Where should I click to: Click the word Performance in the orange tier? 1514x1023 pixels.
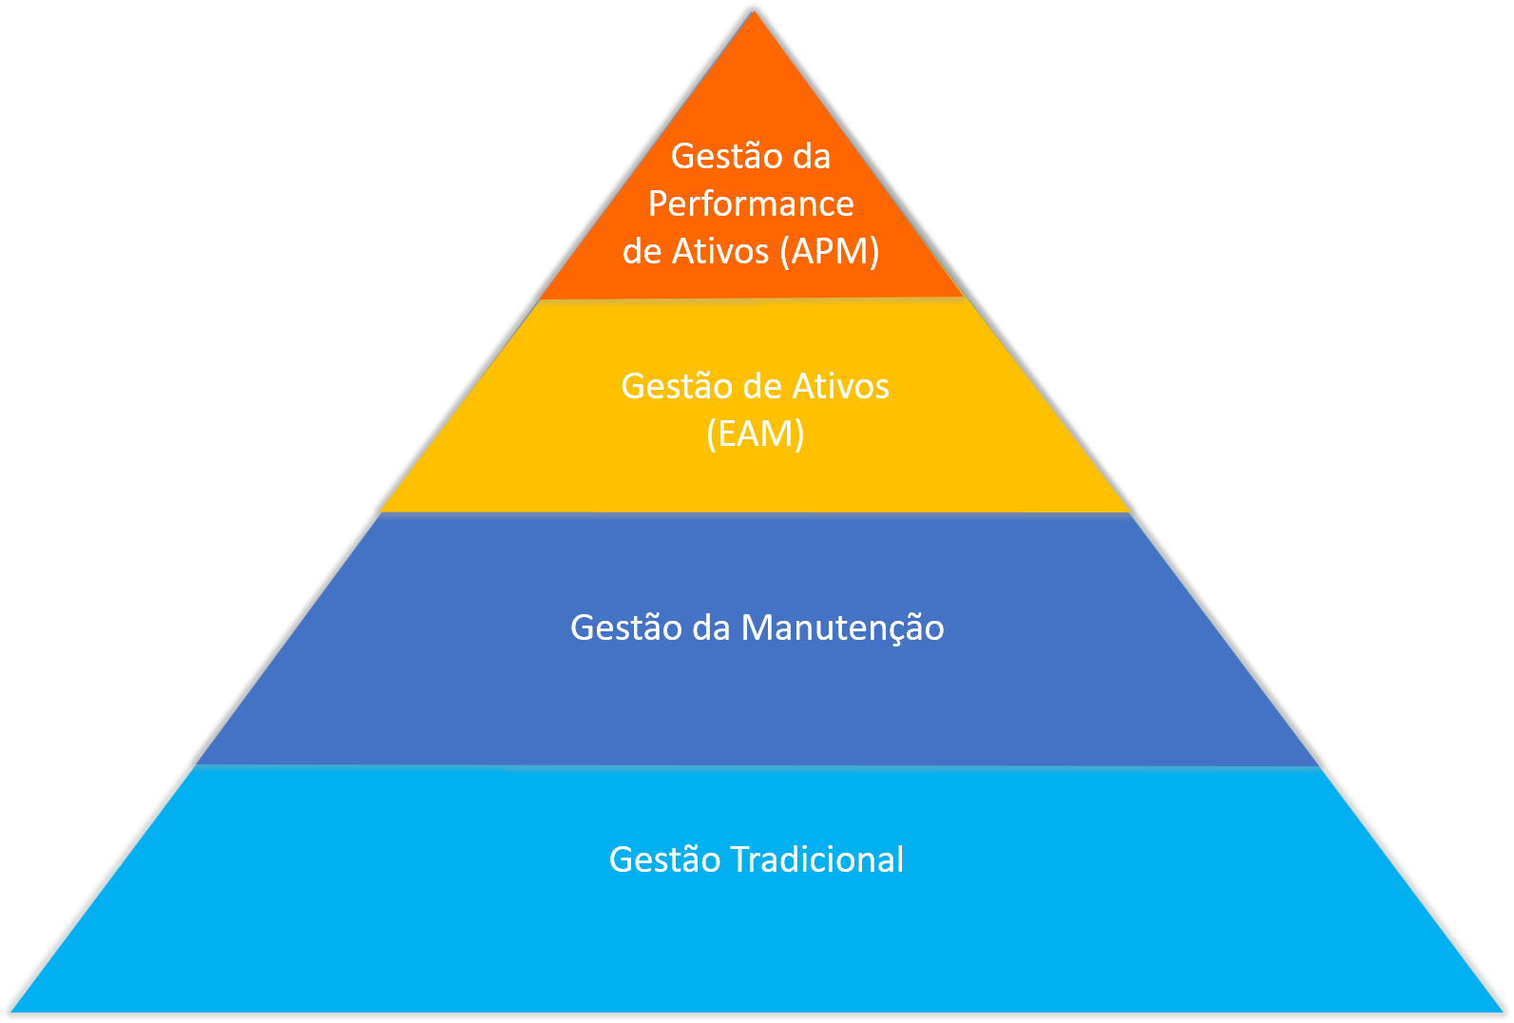point(751,204)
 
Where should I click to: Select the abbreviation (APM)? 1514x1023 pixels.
point(829,252)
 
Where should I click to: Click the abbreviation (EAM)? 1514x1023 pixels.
point(756,434)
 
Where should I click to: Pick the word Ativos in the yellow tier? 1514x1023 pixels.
point(841,387)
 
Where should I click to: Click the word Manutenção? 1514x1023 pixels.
point(842,628)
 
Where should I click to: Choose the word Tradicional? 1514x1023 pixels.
point(817,859)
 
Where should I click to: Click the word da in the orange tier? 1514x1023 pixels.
point(812,157)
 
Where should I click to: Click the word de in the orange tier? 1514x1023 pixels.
point(642,252)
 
